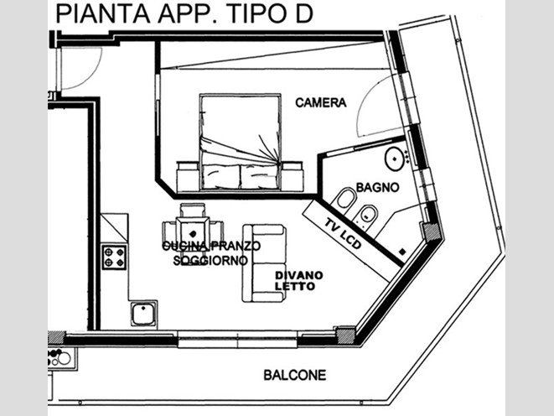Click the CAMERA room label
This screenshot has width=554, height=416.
(x=320, y=103)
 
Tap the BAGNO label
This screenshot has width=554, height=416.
(x=377, y=187)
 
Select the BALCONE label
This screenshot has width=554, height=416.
(x=295, y=375)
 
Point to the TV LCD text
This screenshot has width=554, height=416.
(x=343, y=234)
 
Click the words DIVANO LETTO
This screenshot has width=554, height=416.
(x=299, y=281)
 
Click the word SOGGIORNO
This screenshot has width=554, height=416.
(x=210, y=261)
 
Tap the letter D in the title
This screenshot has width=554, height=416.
(x=304, y=13)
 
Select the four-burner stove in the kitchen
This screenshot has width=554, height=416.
(x=114, y=257)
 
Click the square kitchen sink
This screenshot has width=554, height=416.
(x=143, y=314)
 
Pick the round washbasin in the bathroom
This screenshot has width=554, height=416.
(x=395, y=159)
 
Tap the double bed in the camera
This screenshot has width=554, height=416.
(x=241, y=142)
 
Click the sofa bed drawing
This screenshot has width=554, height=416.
(x=264, y=263)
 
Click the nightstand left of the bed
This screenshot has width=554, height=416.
(x=188, y=176)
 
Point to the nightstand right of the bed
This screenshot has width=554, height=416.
(x=293, y=176)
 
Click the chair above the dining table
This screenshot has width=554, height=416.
(x=193, y=210)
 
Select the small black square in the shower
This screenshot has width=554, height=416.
(x=402, y=252)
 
